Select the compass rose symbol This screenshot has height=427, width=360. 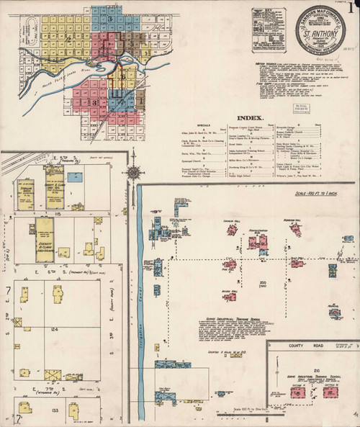[134, 171]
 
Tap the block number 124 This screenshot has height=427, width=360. [53, 328]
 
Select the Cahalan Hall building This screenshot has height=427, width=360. [231, 229]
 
